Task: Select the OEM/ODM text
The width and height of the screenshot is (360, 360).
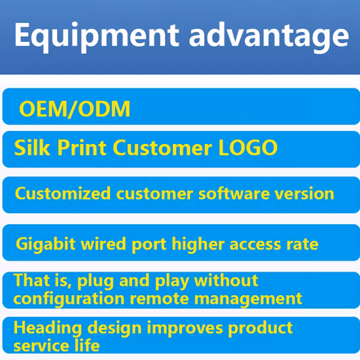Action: click(x=75, y=109)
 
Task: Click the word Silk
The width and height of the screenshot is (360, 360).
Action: click(x=32, y=147)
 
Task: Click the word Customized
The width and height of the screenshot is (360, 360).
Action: click(x=63, y=194)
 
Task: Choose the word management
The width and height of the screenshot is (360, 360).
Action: click(x=253, y=299)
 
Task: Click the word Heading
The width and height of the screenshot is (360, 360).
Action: click(x=44, y=328)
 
